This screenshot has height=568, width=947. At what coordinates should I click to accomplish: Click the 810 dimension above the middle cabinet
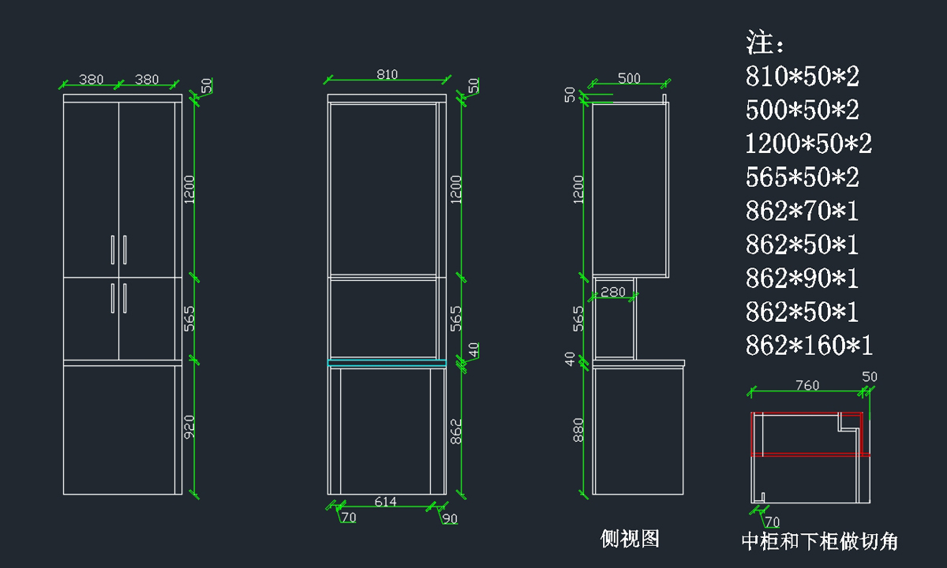pyautogui.click(x=387, y=75)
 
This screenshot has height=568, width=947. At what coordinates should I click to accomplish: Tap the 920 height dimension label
pyautogui.click(x=189, y=427)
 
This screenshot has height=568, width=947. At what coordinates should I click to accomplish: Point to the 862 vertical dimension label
pyautogui.click(x=455, y=432)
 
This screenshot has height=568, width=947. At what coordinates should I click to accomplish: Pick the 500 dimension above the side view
pyautogui.click(x=629, y=78)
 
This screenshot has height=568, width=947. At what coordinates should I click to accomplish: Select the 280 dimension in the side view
pyautogui.click(x=612, y=292)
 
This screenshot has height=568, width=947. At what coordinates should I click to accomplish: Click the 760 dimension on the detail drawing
pyautogui.click(x=807, y=386)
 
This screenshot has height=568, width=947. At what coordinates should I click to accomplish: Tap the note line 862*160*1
pyautogui.click(x=809, y=346)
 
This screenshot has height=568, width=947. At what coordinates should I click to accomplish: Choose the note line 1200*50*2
pyautogui.click(x=809, y=144)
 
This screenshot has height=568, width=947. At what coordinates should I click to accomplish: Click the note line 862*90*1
pyautogui.click(x=802, y=278)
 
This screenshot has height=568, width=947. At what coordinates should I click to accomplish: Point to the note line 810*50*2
pyautogui.click(x=802, y=77)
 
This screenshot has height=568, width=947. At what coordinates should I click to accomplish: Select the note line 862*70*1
pyautogui.click(x=802, y=211)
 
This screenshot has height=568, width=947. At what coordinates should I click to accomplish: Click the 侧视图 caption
pyautogui.click(x=630, y=539)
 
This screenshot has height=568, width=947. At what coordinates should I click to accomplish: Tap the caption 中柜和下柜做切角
pyautogui.click(x=819, y=541)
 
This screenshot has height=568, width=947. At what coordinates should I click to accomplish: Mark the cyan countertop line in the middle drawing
pyautogui.click(x=387, y=362)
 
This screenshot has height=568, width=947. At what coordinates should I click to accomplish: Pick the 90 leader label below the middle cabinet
pyautogui.click(x=450, y=518)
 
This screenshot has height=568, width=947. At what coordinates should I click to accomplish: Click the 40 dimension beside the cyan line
pyautogui.click(x=473, y=349)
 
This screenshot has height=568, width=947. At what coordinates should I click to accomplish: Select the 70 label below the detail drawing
pyautogui.click(x=772, y=521)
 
